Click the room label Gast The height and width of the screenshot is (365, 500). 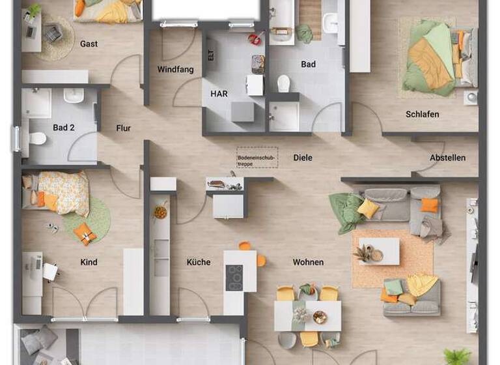(89, 44)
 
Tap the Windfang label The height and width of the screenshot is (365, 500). (175, 70)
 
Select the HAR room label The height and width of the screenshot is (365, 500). (219, 94)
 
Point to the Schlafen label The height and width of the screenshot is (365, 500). (422, 114)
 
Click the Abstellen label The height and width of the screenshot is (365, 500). (447, 158)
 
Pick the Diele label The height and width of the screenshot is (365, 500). (303, 158)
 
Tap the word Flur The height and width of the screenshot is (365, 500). (124, 128)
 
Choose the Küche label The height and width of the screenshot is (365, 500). (199, 262)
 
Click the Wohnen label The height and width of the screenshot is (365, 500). (308, 262)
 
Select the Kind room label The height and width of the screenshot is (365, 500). (89, 262)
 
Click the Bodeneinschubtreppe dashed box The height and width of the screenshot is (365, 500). (257, 158)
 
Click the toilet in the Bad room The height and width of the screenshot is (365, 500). (283, 83)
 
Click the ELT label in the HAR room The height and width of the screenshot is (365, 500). (210, 56)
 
